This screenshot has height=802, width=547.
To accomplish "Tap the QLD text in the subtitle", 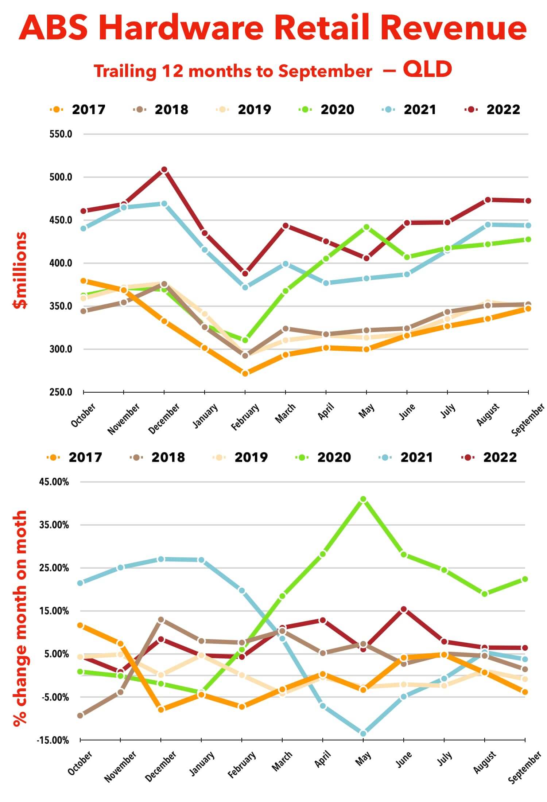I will click(427, 69).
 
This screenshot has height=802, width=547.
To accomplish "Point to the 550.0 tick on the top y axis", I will click(61, 134).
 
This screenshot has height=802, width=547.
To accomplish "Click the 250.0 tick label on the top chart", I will click(61, 392).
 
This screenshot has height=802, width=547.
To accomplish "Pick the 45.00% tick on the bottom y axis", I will click(54, 482).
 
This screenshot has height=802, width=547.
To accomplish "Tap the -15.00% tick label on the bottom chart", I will click(53, 740).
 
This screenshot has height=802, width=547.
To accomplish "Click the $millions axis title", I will click(20, 270).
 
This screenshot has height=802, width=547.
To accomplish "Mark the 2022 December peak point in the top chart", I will click(164, 170).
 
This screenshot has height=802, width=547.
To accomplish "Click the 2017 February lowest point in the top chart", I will click(245, 373).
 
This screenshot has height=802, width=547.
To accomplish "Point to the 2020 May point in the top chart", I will click(366, 227).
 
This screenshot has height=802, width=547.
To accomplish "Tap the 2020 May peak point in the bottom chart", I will click(363, 499).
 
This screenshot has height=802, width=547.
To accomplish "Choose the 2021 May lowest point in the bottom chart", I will click(363, 733).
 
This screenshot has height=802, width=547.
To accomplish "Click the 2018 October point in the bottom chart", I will click(80, 715).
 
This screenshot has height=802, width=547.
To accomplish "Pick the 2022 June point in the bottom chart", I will click(403, 609).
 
